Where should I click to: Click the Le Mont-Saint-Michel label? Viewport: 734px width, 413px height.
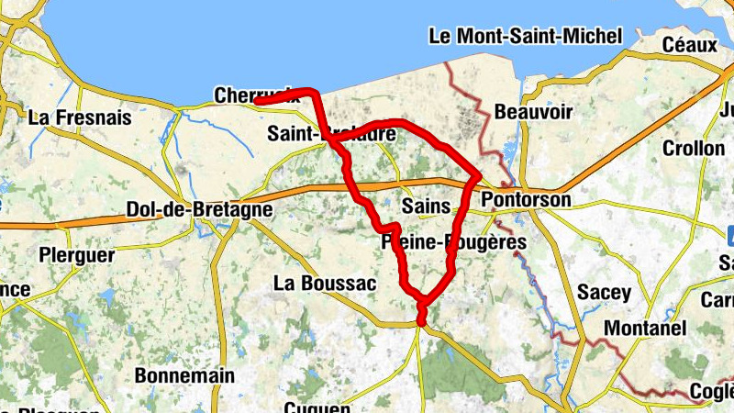(x=526, y=37)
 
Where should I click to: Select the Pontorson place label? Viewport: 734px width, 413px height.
(x=526, y=199)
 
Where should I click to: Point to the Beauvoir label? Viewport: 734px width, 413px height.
(x=533, y=112)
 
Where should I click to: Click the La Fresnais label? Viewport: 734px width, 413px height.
(x=80, y=117)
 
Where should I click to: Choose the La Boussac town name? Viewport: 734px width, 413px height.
(x=325, y=284)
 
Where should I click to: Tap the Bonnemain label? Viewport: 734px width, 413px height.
(x=184, y=375)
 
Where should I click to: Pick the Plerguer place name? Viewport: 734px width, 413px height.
(x=78, y=253)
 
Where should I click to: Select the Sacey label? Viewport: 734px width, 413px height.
(x=605, y=293)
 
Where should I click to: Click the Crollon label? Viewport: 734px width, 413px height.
(x=693, y=148)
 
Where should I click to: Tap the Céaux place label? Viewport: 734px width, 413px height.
(x=690, y=43)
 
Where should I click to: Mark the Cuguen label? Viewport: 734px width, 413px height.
(x=317, y=407)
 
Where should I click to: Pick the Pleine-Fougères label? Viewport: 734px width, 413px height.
(x=453, y=242)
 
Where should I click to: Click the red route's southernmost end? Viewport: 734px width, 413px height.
(x=421, y=321)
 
